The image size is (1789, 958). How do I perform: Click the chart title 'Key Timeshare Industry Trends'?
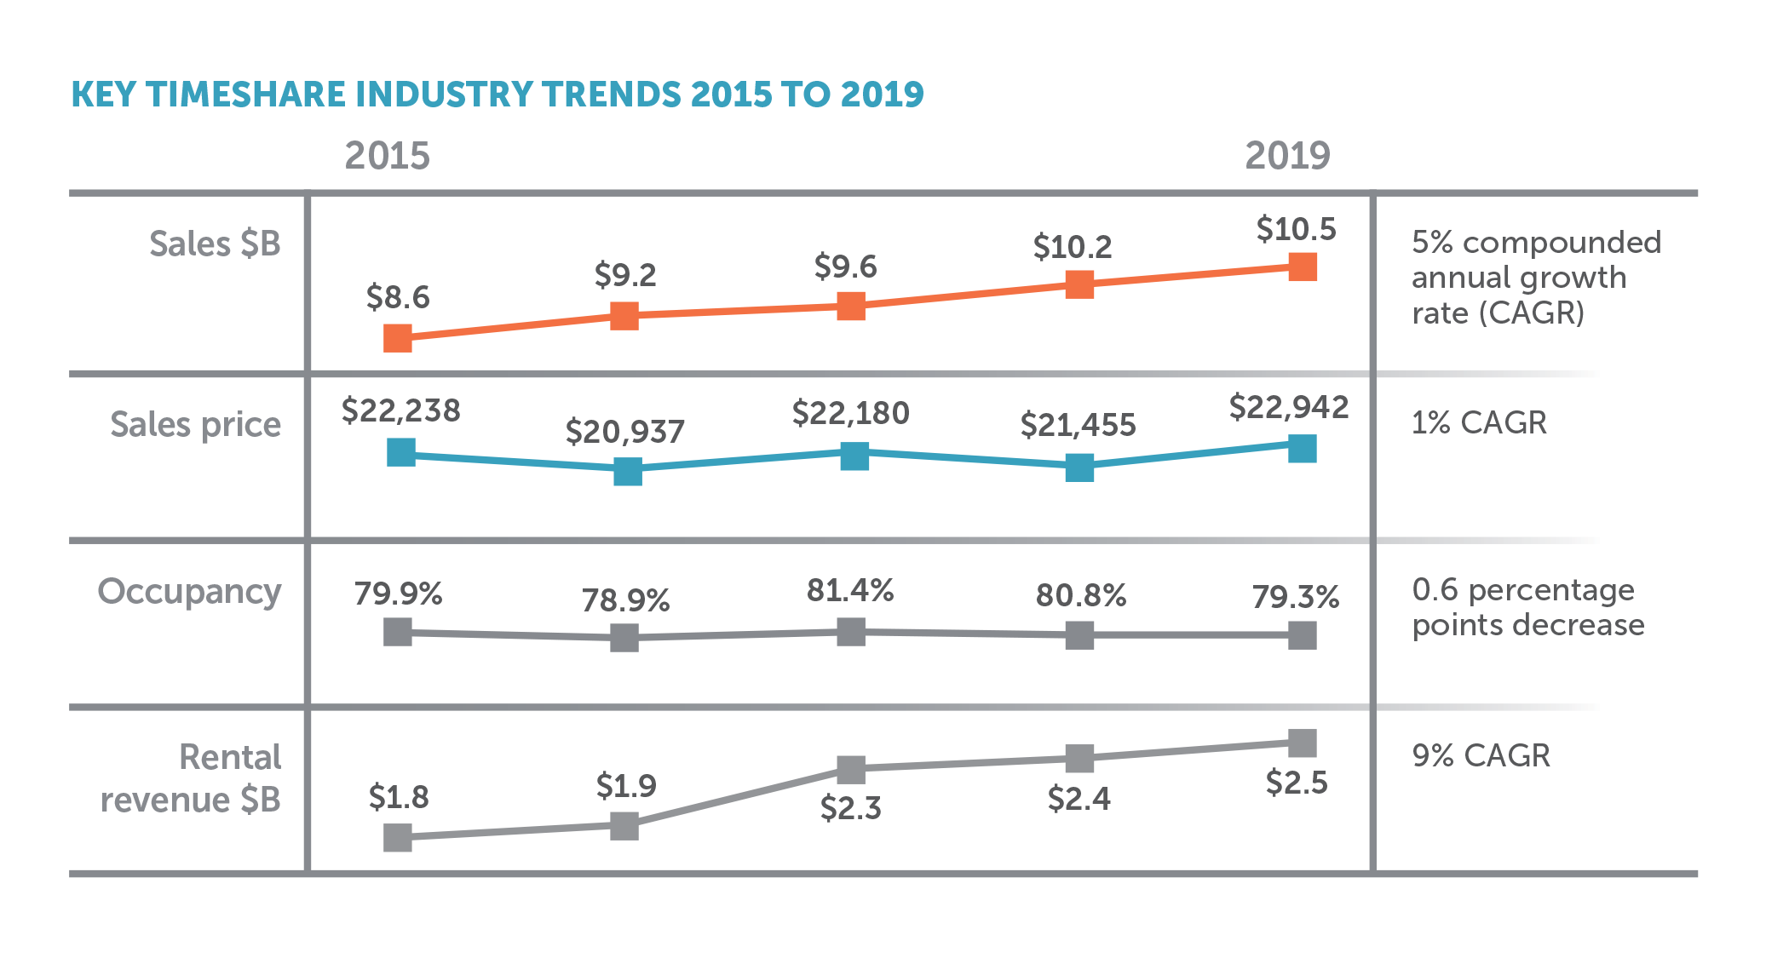[x=497, y=95]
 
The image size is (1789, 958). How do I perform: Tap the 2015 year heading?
[x=387, y=156]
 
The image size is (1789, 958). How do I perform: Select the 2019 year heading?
[x=1287, y=156]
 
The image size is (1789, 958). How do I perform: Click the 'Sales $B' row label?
[x=215, y=244]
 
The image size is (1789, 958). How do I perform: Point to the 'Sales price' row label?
[x=195, y=425]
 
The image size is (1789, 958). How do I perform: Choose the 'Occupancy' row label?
[x=189, y=592]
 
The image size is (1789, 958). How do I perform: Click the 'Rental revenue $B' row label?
[x=193, y=778]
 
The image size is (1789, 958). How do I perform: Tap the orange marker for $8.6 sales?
[x=398, y=338]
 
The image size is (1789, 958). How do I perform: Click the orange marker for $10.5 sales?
[x=1303, y=267]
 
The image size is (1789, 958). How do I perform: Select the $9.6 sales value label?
[x=845, y=267]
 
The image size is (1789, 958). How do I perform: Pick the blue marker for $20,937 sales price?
[x=627, y=472]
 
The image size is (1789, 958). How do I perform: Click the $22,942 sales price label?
[x=1288, y=407]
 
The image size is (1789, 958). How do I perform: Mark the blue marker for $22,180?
[x=854, y=456]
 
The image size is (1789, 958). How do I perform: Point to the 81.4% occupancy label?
[x=850, y=590]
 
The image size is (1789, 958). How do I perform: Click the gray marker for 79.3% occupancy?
[x=1303, y=634]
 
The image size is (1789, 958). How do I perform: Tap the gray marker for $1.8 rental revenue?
[x=398, y=838]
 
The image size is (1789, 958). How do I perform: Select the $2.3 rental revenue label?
[x=850, y=807]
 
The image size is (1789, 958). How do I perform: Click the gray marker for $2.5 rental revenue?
[x=1303, y=743]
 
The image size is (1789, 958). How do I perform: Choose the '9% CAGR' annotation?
[x=1481, y=756]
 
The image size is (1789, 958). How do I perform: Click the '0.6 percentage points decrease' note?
[x=1527, y=607]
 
